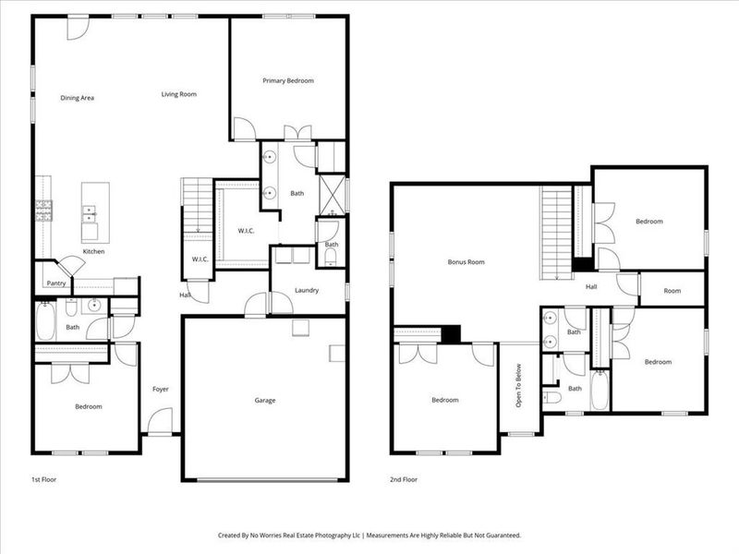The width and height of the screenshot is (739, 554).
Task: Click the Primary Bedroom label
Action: coord(288,81)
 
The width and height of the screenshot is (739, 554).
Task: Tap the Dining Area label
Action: coord(78,98)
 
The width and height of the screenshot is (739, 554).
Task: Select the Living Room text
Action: coord(179,94)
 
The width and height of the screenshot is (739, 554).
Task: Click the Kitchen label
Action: coord(94,252)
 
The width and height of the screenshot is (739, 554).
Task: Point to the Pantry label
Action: coord(55,284)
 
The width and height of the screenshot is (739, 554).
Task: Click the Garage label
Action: coord(265,401)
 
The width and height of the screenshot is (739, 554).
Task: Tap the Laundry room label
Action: coord(307,291)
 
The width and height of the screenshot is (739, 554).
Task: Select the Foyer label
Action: coord(160,389)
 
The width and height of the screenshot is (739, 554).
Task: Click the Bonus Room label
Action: coord(466,262)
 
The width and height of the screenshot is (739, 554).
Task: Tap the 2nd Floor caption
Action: coord(403,480)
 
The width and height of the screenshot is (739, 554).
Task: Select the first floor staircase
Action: coord(197,208)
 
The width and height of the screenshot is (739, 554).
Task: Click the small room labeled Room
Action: coord(672,291)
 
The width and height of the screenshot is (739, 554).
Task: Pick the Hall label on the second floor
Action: coord(591,286)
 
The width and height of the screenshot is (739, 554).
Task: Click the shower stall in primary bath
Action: coord(332,194)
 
